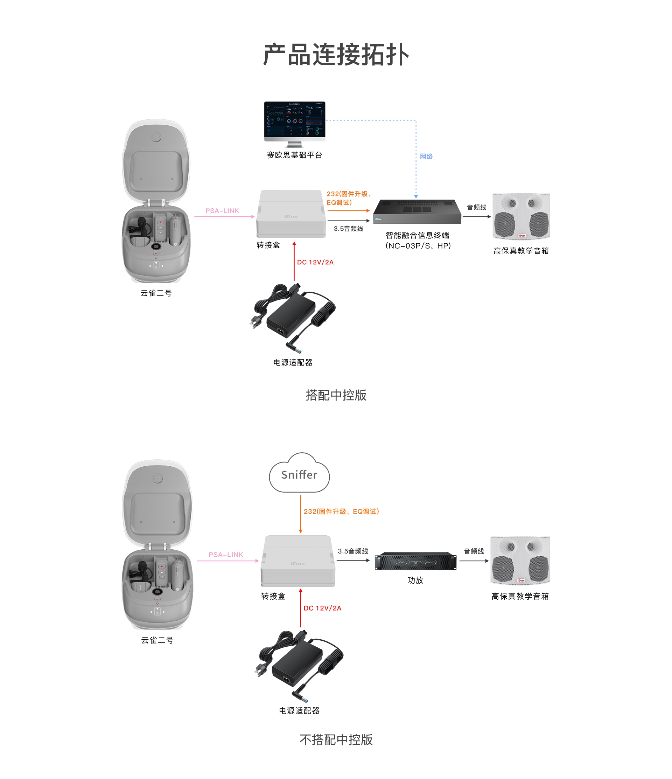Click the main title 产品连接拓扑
pos(336,55)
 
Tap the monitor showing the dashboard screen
pos(295,121)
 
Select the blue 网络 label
pos(426,157)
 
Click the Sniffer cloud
pos(300,474)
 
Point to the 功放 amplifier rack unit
pos(416,561)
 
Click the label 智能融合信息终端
pos(418,235)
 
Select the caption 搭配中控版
pos(336,395)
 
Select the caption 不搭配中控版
pos(336,739)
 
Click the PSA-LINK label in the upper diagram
pos(222,210)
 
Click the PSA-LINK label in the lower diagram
pos(226,555)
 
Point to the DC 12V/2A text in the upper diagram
pos(315,262)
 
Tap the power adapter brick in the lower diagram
pos(297,666)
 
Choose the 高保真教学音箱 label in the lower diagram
pos(520,596)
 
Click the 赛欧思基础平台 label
pos(295,155)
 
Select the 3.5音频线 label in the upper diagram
pos(348,229)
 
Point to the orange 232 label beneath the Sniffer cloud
pos(341,511)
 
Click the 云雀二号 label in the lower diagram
pos(157,640)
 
